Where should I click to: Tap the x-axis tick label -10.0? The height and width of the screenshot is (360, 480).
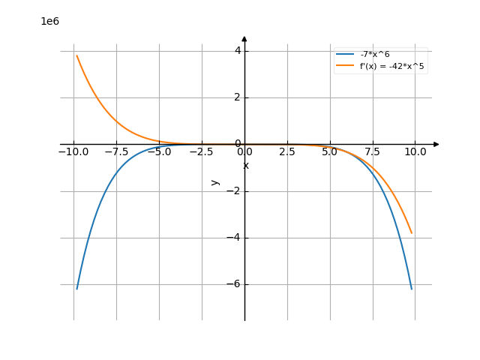tap(73, 151)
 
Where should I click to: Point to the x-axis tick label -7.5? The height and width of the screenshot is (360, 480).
tap(116, 151)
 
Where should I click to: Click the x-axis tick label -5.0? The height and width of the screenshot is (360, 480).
tap(159, 151)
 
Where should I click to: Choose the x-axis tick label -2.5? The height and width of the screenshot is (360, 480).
tap(202, 151)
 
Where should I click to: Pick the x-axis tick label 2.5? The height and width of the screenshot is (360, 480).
tap(286, 151)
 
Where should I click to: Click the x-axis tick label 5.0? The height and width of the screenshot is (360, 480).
tap(329, 151)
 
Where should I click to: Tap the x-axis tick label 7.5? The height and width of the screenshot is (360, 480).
tap(373, 151)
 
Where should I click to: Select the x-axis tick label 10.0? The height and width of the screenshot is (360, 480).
tap(415, 151)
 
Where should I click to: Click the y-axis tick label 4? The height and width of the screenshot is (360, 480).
tap(237, 51)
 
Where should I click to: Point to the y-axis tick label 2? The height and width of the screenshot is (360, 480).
tap(237, 97)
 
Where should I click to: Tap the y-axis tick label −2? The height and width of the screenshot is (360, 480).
tap(233, 191)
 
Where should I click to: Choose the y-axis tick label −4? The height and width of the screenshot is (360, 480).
tap(233, 238)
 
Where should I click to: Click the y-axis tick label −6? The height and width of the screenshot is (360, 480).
tap(233, 284)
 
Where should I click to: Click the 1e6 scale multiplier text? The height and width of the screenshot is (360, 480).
tap(49, 21)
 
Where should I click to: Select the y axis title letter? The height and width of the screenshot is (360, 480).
tap(215, 181)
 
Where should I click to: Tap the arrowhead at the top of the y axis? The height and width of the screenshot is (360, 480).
tap(244, 38)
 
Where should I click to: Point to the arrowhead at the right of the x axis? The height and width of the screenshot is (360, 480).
tap(436, 144)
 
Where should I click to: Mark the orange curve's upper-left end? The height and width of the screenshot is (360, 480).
tap(76, 55)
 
